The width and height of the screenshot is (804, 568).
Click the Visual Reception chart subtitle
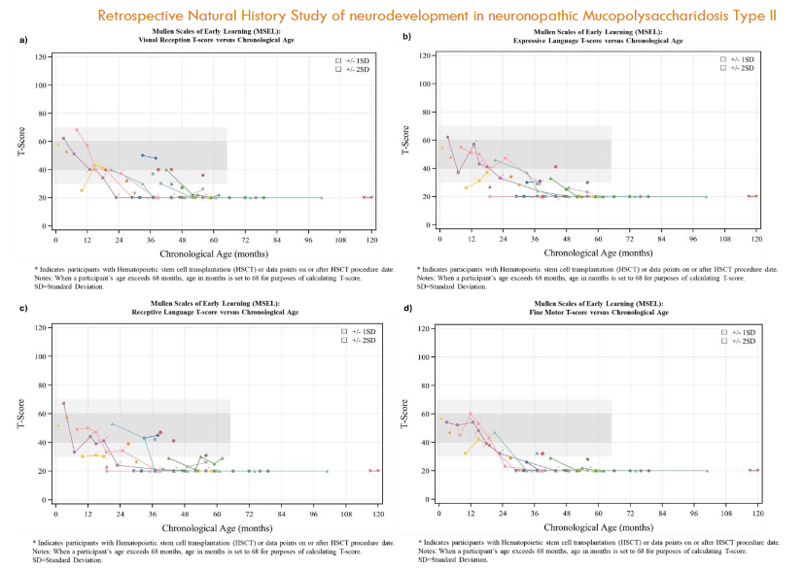(x=209, y=40)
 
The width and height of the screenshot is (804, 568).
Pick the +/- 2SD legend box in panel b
(x=722, y=67)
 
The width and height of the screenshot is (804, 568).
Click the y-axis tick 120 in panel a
(x=42, y=57)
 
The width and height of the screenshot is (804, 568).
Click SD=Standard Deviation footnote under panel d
(x=453, y=559)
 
